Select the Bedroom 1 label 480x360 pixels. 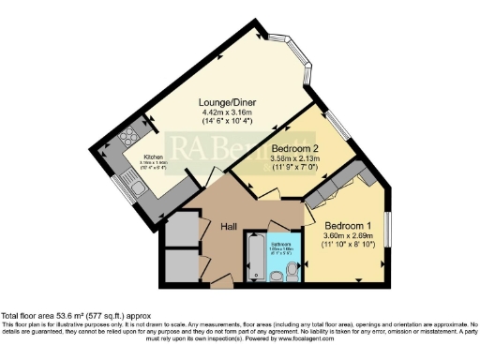click(x=349, y=226)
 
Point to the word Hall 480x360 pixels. click(x=229, y=226)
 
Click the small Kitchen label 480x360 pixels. click(x=155, y=157)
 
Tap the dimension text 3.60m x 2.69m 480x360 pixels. click(x=349, y=237)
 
